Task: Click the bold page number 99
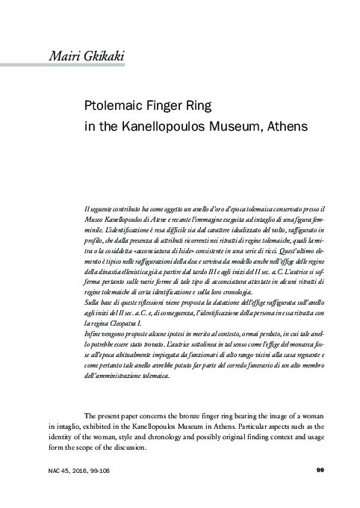tap(320, 469)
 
